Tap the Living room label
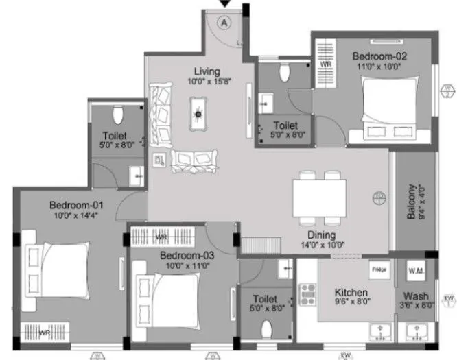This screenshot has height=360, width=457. (x=207, y=71)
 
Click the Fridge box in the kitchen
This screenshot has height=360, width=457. (x=379, y=269)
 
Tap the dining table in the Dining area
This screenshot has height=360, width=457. (x=318, y=196)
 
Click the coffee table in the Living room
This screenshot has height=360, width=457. (x=199, y=115)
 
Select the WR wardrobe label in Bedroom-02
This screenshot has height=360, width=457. (x=326, y=63)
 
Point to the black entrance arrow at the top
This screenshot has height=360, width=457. (x=224, y=5)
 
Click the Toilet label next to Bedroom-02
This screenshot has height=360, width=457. (x=284, y=126)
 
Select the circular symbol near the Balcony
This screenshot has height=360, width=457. (x=377, y=200)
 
